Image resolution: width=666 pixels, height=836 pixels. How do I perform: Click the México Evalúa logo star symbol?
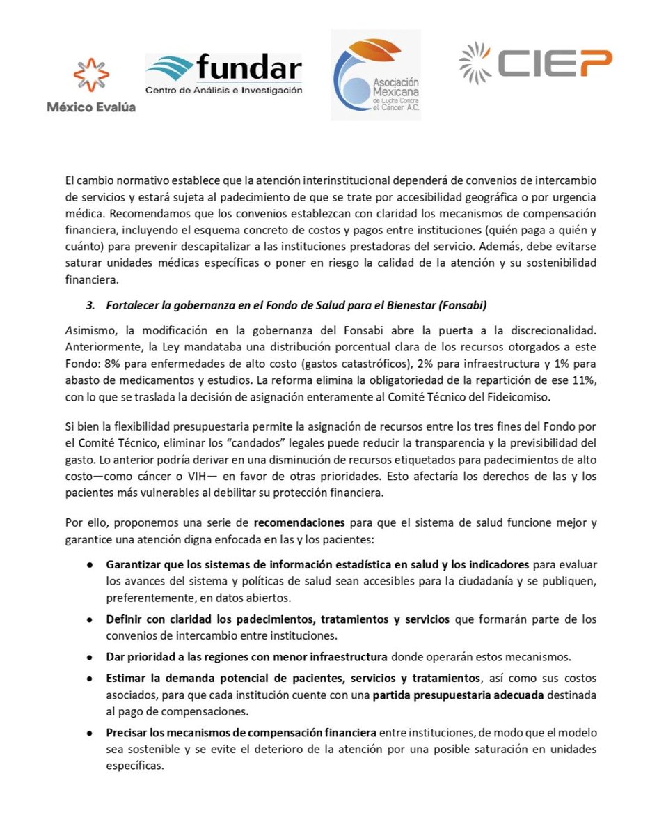91,75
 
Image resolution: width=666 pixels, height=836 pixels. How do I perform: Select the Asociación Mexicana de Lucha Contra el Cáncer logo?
376,75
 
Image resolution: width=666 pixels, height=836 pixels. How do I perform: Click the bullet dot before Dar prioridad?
90,656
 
